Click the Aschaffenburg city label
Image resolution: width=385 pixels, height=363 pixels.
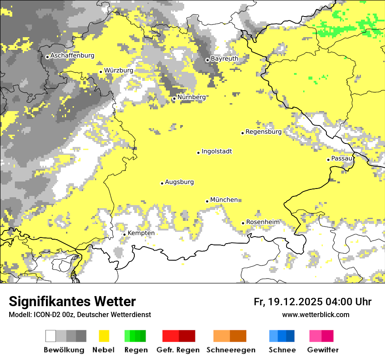72,56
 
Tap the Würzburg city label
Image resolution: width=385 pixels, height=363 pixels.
119,70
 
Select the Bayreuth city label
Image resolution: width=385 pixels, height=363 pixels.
224,59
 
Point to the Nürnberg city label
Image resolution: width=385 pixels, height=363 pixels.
191,97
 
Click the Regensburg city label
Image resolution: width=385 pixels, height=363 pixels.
263,132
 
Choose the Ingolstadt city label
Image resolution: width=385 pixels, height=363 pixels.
217,151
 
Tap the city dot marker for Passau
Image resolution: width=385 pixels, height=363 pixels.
328,160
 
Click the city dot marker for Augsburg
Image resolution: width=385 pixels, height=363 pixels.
162,183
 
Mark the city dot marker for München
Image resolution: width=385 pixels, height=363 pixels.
207,201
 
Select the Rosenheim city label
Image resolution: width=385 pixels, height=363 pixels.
262,222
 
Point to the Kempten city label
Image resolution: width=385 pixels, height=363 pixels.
141,233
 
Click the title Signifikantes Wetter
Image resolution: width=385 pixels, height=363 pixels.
72,302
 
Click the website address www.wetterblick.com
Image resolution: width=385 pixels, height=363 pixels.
315,315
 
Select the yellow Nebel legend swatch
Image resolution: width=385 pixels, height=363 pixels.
104,336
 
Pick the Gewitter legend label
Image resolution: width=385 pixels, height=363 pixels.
322,350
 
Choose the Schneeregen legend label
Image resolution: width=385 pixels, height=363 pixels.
231,350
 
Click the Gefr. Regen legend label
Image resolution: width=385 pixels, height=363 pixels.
178,350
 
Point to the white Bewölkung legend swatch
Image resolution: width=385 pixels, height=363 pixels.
51,336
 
